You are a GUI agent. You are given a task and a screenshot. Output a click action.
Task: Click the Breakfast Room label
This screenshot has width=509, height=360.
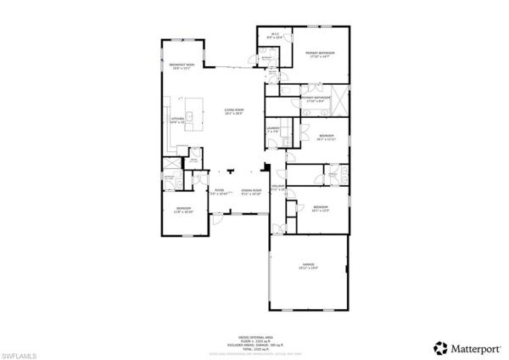point(182,65)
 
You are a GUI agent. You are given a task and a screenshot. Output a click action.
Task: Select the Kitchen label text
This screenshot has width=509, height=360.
point(178,119)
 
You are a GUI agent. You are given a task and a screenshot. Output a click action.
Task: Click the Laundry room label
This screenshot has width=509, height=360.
point(273,130)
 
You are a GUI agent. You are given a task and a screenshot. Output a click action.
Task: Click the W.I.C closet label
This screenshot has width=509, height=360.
point(275,37)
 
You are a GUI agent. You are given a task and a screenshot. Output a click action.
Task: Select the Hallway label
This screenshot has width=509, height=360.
point(277,188)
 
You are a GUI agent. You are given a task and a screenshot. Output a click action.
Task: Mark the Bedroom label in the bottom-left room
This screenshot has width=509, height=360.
point(183,209)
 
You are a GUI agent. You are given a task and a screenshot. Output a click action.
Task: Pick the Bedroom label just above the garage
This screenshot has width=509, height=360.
point(320,208)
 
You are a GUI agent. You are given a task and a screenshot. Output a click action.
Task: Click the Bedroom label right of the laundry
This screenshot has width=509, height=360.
point(327,137)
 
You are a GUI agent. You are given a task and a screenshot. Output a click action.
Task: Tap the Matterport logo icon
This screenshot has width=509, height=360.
point(440,347)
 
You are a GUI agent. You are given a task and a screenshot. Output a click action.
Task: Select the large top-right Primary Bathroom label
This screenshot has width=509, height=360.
point(321,53)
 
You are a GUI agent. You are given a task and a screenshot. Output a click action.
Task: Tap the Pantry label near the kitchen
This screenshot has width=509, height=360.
point(193,160)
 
